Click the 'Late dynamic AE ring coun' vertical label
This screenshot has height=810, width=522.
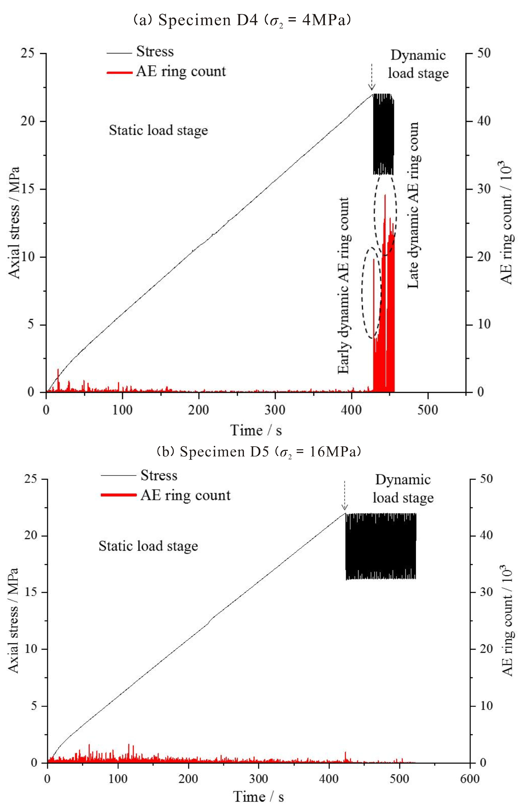413,205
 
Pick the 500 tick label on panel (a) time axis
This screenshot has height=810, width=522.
428,410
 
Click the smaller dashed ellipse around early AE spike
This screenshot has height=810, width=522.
370,293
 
